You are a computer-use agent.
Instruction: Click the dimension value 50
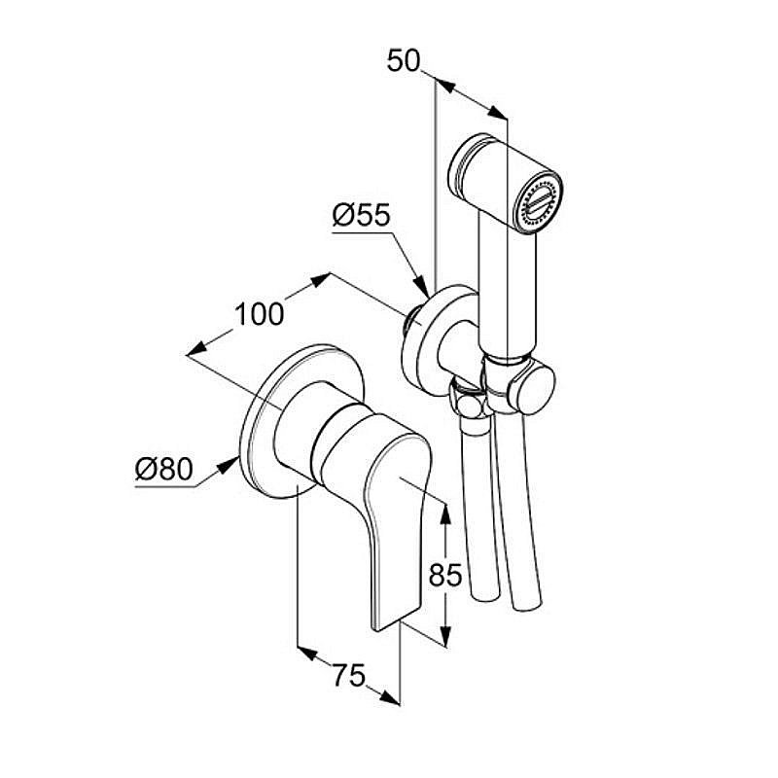click(404, 60)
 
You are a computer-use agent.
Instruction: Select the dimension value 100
click(259, 314)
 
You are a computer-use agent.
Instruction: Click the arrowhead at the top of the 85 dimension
click(445, 506)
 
